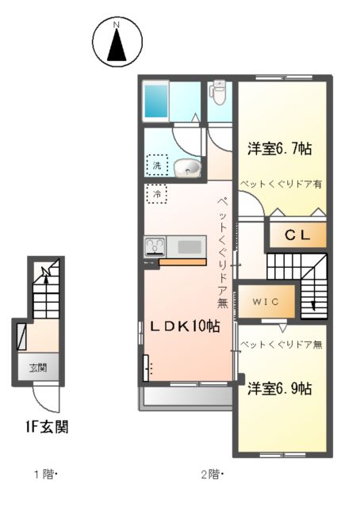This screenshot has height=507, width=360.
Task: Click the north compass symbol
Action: [116, 43]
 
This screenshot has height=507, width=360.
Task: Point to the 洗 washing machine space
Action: [158, 166]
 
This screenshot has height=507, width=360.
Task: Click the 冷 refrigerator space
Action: [157, 193]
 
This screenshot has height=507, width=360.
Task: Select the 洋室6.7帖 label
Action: [279, 148]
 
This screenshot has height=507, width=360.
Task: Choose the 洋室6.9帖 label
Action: [278, 388]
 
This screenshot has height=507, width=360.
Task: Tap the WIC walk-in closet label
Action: [262, 301]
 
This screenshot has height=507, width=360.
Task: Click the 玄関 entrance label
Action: [38, 368]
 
